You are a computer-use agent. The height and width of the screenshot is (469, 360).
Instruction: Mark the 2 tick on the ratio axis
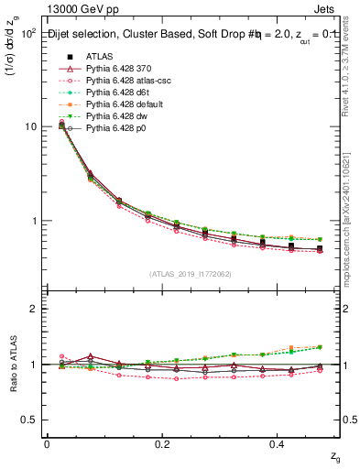(x=32, y=309)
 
